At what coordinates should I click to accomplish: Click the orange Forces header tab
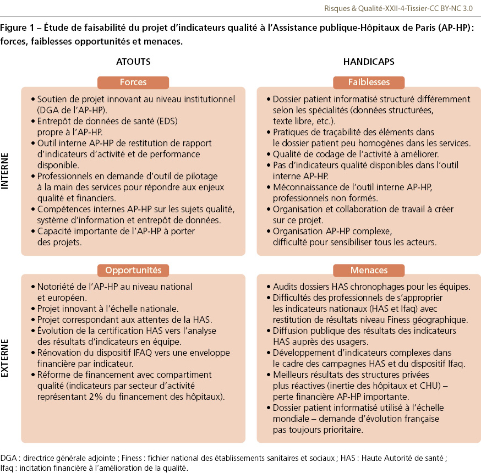(133, 82)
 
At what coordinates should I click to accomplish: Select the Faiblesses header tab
(369, 82)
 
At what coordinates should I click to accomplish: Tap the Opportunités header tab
(133, 270)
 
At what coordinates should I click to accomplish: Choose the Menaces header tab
(369, 270)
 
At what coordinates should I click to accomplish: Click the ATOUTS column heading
(133, 62)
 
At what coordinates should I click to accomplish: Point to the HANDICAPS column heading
(369, 62)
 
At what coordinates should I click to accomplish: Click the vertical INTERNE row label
(6, 171)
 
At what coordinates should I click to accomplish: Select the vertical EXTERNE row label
(6, 358)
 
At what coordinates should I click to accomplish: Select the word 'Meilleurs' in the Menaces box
(292, 375)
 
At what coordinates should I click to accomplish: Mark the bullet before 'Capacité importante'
(32, 232)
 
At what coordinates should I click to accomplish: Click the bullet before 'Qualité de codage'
(268, 155)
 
